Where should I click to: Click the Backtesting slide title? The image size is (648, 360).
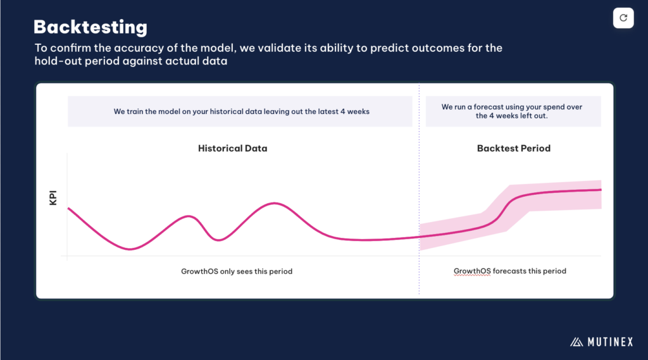[90, 27]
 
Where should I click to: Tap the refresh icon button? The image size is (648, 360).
[623, 18]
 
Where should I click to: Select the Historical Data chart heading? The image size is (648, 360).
[233, 149]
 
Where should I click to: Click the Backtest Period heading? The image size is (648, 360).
[514, 149]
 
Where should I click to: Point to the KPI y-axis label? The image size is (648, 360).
[53, 197]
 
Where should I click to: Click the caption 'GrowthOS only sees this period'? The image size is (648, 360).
[237, 271]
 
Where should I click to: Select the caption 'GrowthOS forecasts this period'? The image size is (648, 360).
[510, 271]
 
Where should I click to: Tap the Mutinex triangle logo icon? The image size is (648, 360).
[576, 342]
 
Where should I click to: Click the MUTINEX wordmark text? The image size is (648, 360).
[611, 342]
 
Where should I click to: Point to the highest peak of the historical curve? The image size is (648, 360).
[274, 203]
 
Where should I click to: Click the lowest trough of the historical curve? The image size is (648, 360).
[130, 249]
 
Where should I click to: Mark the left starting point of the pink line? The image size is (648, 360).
[68, 208]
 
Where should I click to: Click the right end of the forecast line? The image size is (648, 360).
[601, 190]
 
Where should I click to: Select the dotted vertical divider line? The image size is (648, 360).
[419, 189]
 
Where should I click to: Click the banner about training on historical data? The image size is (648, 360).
[240, 111]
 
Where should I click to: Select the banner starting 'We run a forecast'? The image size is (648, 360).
[513, 111]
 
